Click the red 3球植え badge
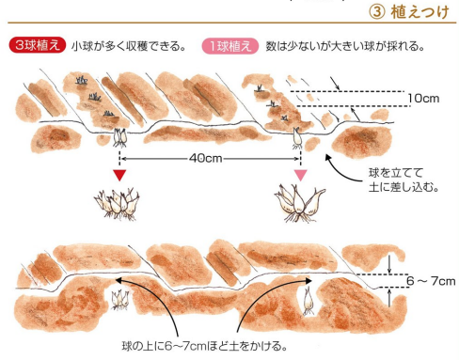(x=38, y=46)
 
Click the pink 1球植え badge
(x=230, y=46)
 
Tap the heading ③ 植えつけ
(x=409, y=12)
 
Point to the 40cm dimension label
(x=205, y=158)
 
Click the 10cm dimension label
(x=423, y=99)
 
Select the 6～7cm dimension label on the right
(x=431, y=281)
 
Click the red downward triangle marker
(x=119, y=175)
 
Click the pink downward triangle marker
(x=301, y=175)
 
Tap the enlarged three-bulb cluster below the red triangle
(x=117, y=203)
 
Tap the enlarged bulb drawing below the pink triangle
(x=299, y=203)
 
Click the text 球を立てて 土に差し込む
(x=404, y=180)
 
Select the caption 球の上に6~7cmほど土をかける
(x=204, y=346)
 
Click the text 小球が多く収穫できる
(x=129, y=46)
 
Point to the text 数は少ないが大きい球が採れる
(x=345, y=46)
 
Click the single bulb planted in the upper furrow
(x=297, y=138)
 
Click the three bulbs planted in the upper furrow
(x=119, y=137)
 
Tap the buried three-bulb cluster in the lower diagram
(x=119, y=300)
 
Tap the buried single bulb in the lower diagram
(x=309, y=302)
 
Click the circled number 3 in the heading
(x=376, y=12)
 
